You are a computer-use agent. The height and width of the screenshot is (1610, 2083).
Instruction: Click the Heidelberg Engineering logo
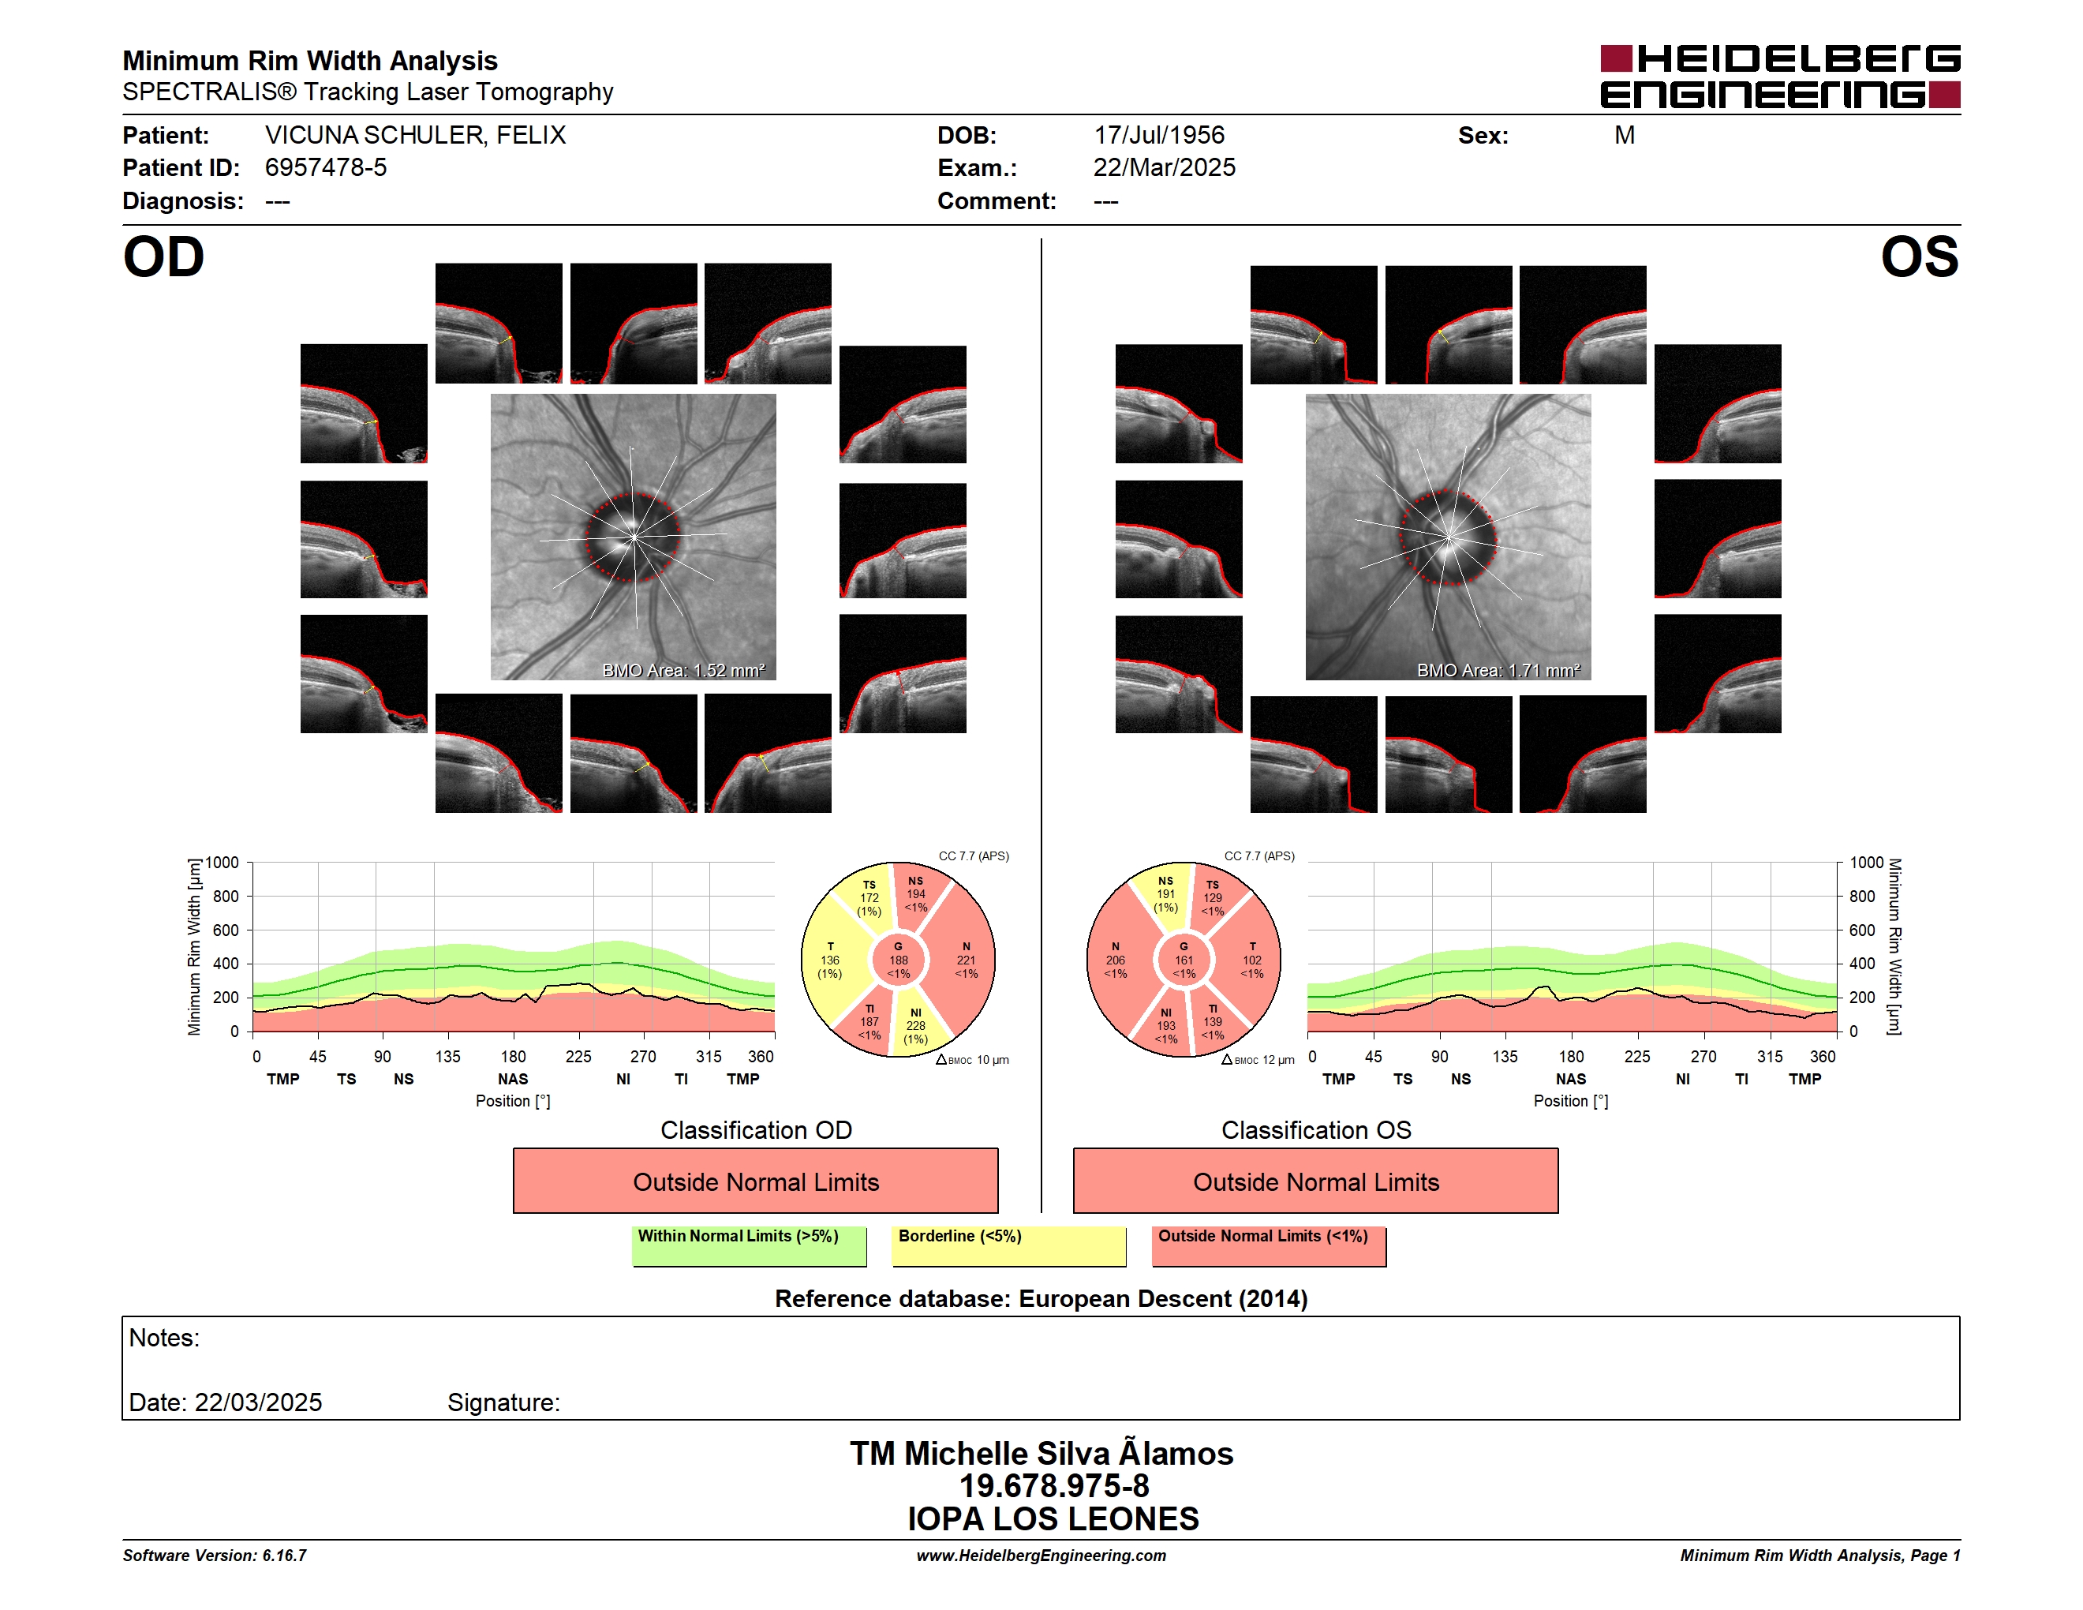click(x=1780, y=77)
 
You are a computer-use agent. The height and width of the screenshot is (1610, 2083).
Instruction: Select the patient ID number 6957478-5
click(x=326, y=168)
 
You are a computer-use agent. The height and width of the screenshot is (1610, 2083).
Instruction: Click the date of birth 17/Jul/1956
click(x=1159, y=136)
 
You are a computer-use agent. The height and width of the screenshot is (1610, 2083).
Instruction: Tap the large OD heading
click(x=164, y=257)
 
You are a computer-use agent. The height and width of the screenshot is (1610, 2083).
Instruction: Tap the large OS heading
click(x=1919, y=257)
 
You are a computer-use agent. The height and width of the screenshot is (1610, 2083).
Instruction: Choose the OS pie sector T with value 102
click(x=1251, y=960)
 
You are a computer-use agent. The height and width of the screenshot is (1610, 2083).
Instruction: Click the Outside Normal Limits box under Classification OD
click(x=755, y=1181)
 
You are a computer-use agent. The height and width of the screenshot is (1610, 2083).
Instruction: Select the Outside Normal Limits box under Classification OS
click(x=1316, y=1181)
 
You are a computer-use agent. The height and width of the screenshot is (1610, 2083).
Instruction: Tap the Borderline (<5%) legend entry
click(x=1009, y=1245)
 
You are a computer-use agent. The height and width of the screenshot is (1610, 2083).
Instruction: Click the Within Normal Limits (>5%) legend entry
click(x=750, y=1245)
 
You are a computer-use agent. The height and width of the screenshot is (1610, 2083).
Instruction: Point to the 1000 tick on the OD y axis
click(x=221, y=863)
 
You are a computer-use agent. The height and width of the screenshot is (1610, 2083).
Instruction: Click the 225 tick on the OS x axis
click(x=1636, y=1057)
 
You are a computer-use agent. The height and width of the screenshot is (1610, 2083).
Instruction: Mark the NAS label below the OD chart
click(x=513, y=1079)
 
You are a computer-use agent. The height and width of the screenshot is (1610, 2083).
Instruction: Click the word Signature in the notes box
click(x=503, y=1403)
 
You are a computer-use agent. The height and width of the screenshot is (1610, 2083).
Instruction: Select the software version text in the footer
click(x=215, y=1556)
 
